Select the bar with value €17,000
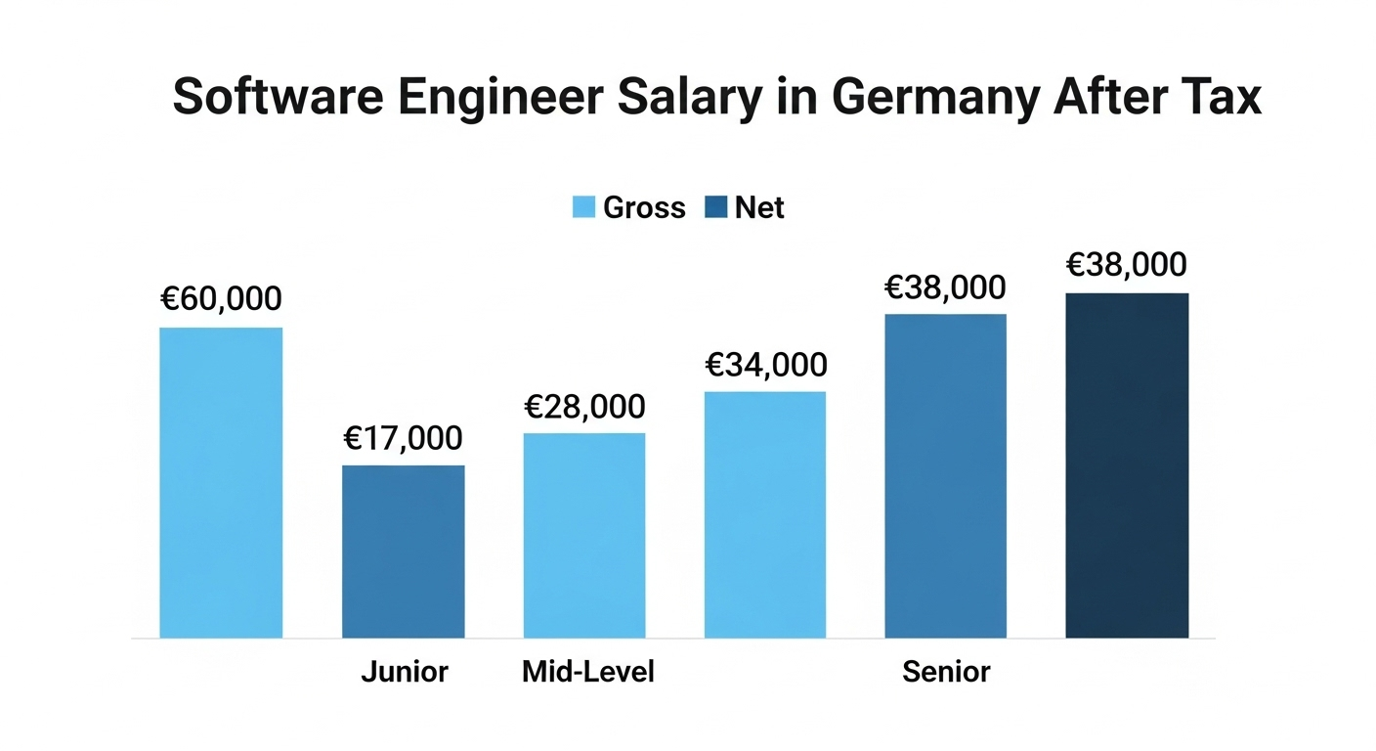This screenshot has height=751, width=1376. [x=403, y=552]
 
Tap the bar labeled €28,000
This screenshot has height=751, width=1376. [x=584, y=535]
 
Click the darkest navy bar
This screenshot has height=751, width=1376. [x=1127, y=465]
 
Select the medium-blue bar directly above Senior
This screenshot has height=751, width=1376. [x=945, y=476]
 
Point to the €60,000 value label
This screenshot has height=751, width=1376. [x=221, y=298]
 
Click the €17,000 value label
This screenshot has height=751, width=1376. [x=403, y=437]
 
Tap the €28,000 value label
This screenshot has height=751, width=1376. [x=584, y=406]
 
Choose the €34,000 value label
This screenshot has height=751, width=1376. [x=765, y=365]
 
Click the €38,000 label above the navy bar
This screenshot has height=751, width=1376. [x=1127, y=264]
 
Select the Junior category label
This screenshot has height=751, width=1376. [x=405, y=672]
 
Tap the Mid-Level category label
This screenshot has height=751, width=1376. [x=588, y=672]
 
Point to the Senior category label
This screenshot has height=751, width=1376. [x=946, y=672]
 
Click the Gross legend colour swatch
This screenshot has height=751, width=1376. [x=583, y=207]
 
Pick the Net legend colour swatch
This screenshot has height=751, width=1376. [x=716, y=207]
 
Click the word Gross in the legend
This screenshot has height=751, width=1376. [x=644, y=207]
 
